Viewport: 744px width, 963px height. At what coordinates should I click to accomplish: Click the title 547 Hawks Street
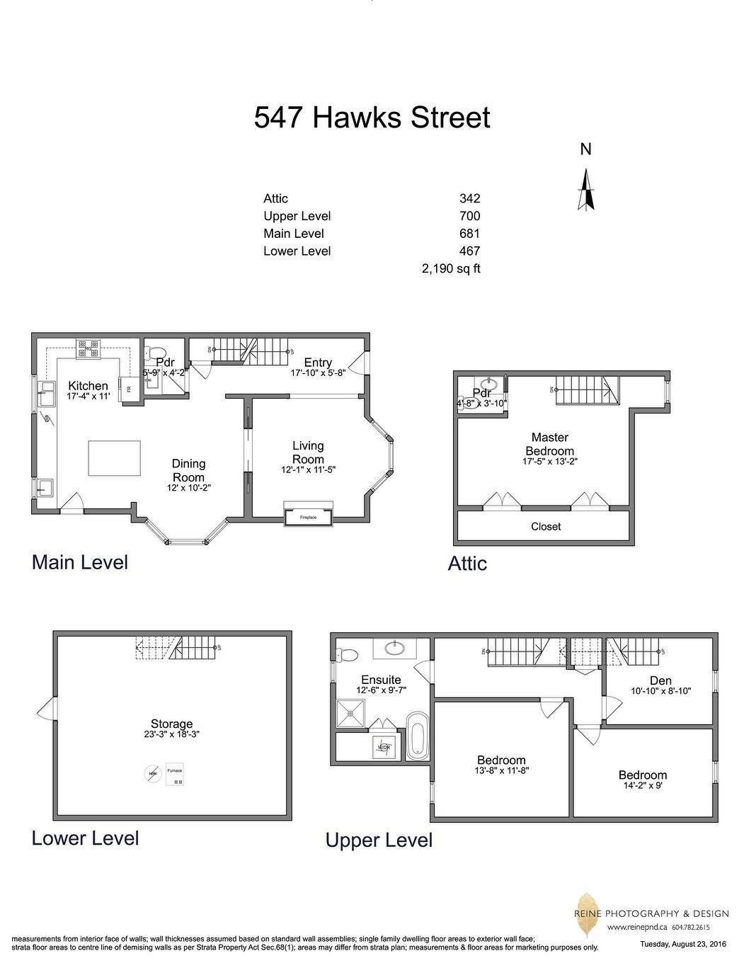372,117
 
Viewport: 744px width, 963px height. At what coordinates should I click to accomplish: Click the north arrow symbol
585,190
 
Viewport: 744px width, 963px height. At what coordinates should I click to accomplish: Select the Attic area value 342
469,199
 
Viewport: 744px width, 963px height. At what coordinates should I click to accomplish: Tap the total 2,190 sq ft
451,268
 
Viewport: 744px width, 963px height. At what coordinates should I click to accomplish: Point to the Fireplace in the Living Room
308,517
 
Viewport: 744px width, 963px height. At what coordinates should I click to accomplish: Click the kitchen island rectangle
114,457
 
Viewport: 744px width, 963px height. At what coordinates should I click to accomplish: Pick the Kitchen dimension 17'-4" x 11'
88,397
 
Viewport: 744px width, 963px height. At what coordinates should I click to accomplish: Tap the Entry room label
318,363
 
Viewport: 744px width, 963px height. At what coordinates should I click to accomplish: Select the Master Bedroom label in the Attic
549,444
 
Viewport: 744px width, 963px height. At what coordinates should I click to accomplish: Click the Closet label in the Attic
546,527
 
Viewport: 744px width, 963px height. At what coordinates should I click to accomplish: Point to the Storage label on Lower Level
171,724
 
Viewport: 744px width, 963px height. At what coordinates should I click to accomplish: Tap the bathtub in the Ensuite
417,736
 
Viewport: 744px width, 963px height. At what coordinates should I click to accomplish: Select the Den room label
660,680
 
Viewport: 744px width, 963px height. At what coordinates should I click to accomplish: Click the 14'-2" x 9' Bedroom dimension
642,785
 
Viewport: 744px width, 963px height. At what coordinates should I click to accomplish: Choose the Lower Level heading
85,838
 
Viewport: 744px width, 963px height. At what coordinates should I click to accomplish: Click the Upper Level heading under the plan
379,841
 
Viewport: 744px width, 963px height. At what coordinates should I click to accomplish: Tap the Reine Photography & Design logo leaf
586,906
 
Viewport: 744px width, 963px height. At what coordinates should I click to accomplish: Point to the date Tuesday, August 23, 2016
683,944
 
